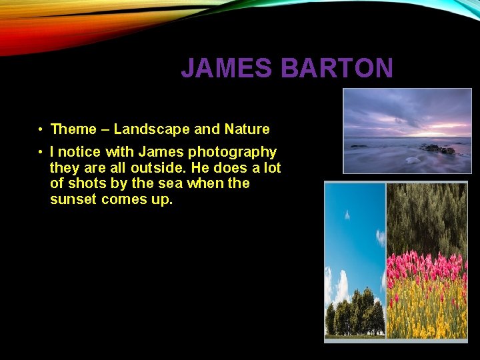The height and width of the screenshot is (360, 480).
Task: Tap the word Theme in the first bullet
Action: (x=74, y=129)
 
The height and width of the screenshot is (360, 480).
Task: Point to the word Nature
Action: (x=247, y=129)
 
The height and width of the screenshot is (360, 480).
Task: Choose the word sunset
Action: (x=73, y=199)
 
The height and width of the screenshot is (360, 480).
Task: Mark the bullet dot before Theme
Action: (x=41, y=129)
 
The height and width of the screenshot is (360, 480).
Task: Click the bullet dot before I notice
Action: (x=41, y=153)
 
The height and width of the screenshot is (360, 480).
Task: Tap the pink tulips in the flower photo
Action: (x=427, y=267)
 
